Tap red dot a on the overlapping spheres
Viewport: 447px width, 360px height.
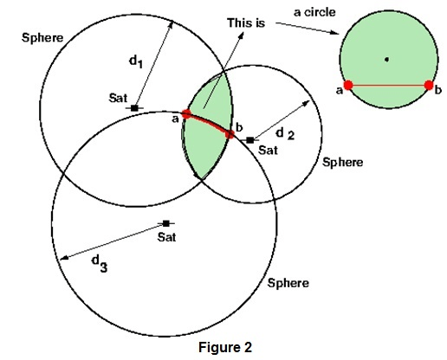point(186,114)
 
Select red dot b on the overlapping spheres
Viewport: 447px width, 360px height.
point(230,134)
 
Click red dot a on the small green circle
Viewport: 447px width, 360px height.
point(347,85)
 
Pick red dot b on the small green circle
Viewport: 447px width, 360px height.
point(429,85)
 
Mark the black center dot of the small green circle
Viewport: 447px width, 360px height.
point(387,59)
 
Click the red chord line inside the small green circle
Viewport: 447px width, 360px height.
point(388,85)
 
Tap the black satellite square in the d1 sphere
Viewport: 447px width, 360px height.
point(134,108)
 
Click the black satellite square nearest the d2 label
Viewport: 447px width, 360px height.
point(249,139)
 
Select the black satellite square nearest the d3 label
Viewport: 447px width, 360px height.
point(166,223)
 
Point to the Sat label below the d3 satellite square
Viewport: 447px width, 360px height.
point(166,236)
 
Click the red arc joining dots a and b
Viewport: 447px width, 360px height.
point(208,122)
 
